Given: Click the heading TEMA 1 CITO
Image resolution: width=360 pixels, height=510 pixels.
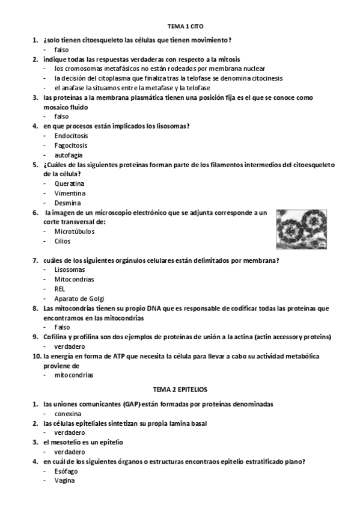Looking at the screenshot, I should [181, 27].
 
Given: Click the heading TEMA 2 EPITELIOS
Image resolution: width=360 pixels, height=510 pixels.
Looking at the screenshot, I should [180, 390].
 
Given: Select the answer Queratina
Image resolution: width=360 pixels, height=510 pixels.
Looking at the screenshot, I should [69, 183].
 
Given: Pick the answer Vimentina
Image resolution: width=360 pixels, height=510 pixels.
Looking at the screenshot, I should [70, 193].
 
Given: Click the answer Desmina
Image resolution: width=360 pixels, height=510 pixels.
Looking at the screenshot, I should [67, 203].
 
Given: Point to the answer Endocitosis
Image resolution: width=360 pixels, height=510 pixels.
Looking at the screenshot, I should [71, 135].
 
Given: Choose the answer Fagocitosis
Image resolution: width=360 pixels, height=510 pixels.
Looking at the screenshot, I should [71, 145].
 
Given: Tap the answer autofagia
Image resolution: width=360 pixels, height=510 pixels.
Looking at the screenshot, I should [69, 155].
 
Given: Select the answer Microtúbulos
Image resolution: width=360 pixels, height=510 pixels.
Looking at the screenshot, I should [74, 232].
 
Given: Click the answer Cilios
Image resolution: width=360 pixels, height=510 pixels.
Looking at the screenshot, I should [63, 241].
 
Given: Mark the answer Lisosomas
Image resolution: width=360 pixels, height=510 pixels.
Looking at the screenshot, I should [70, 269].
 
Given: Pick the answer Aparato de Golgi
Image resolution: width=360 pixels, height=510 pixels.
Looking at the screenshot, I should [79, 298].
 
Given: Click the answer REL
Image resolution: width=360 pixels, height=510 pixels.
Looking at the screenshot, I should [59, 289].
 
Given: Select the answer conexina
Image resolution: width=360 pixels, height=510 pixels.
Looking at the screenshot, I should [68, 413].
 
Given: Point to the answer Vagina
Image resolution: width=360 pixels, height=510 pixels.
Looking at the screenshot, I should [64, 481].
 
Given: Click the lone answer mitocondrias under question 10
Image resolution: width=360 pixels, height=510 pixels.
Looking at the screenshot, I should [74, 375].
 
